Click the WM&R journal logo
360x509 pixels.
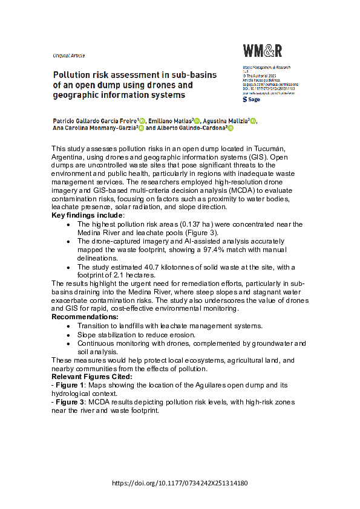(x=262, y=51)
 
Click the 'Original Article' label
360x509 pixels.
(x=69, y=55)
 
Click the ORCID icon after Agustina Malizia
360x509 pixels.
(x=252, y=122)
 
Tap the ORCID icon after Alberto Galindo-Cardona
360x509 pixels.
(x=230, y=129)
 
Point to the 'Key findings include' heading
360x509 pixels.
(x=88, y=215)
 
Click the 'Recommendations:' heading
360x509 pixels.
(x=85, y=317)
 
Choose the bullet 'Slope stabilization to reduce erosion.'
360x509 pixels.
(x=136, y=334)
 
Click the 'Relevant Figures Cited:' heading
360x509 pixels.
(x=91, y=377)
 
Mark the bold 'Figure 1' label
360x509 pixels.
(x=70, y=385)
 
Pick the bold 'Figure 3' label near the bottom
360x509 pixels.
(x=70, y=402)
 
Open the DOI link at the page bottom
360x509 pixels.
(x=180, y=484)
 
